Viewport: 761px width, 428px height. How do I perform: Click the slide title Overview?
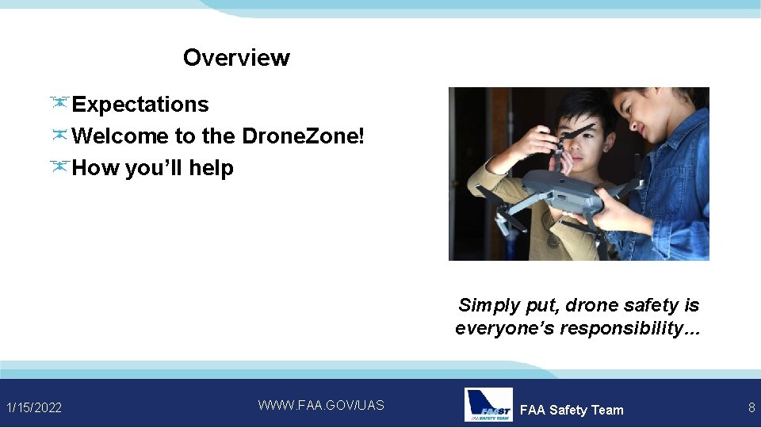[236, 58]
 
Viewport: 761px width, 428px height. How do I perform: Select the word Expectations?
[140, 105]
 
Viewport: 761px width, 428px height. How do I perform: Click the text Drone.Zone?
[304, 136]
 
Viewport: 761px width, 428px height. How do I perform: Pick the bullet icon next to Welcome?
[59, 136]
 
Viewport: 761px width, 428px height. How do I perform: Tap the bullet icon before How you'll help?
[59, 167]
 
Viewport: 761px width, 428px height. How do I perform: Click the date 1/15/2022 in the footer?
[34, 407]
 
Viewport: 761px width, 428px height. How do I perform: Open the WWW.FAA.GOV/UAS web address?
[321, 405]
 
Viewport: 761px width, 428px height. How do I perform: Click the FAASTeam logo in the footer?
[488, 405]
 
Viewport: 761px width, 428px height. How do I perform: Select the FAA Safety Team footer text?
[572, 410]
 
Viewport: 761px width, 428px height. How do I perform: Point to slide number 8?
[751, 407]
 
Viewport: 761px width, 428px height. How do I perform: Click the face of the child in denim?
[639, 119]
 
